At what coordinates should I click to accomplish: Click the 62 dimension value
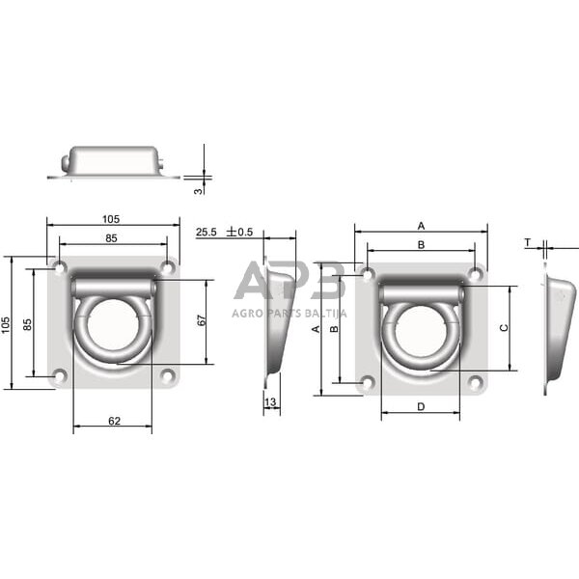pos(114,421)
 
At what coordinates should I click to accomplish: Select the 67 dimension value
pos(202,320)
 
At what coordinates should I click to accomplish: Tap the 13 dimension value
pos(270,402)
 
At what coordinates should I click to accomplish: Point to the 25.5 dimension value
pos(207,233)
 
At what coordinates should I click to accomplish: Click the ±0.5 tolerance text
pos(240,232)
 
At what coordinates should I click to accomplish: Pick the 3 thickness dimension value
pos(199,192)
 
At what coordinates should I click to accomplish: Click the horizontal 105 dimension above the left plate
pos(111,219)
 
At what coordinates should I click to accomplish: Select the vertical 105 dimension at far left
pos(6,325)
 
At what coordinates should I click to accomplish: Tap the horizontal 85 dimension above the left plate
pos(111,238)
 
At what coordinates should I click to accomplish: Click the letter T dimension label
pos(528,242)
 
